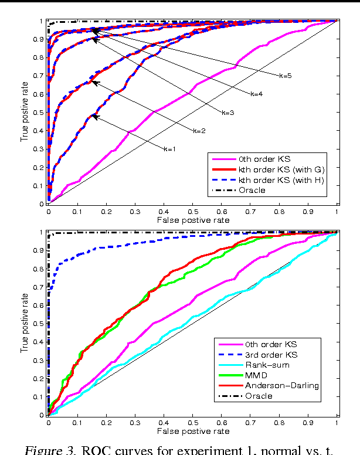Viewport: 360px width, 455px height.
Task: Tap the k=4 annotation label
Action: [x=256, y=93]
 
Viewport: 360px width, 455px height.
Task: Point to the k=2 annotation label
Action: [x=199, y=130]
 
